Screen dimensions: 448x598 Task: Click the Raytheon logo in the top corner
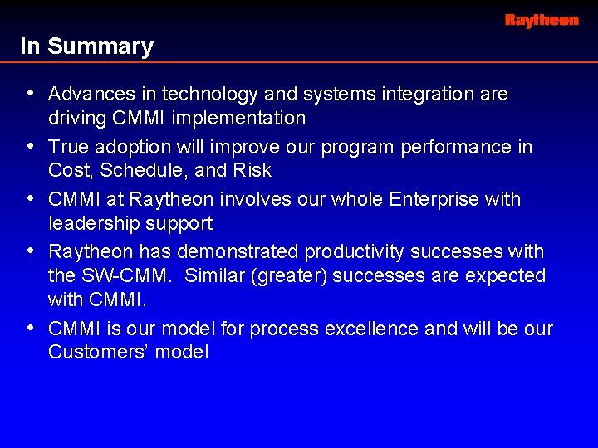tap(542, 20)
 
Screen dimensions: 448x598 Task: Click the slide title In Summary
tap(87, 47)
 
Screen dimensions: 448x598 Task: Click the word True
tap(67, 148)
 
